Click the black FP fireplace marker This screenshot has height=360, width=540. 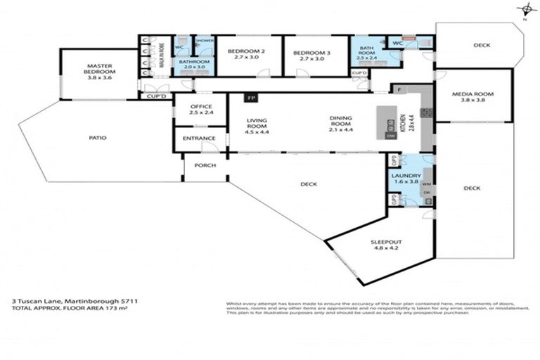pos(250,98)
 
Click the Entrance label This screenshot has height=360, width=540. pos(199,138)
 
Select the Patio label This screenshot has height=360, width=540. pos(98,138)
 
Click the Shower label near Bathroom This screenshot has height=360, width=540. pos(205,40)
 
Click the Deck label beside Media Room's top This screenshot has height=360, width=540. pos(481,45)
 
